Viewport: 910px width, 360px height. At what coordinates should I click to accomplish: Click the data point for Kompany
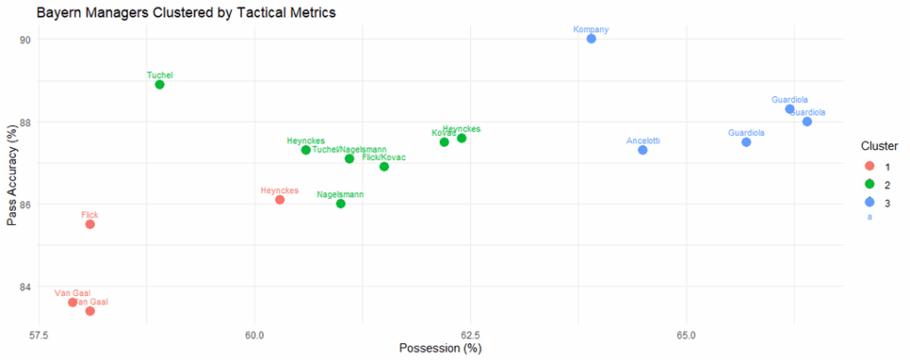pos(591,39)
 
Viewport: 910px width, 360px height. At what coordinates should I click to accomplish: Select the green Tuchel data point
pos(159,84)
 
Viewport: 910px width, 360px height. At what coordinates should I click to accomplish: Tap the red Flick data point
pos(90,224)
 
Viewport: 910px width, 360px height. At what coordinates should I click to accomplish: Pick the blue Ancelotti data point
pos(643,150)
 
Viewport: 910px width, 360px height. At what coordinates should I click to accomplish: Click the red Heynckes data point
pos(280,200)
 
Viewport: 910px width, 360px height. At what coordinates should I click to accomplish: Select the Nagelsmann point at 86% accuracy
pos(340,204)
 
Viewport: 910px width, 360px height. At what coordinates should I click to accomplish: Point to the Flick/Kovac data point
pos(384,166)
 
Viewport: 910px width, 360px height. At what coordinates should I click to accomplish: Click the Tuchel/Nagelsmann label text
pos(349,149)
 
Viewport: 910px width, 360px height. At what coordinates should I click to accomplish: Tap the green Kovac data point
pos(444,142)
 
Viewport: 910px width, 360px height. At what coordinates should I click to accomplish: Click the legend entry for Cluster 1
pos(870,166)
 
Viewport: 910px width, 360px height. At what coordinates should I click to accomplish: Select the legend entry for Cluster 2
pos(870,184)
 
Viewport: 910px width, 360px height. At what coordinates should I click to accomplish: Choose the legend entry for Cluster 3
pos(870,203)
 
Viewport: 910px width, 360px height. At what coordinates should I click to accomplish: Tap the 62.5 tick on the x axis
pos(470,336)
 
